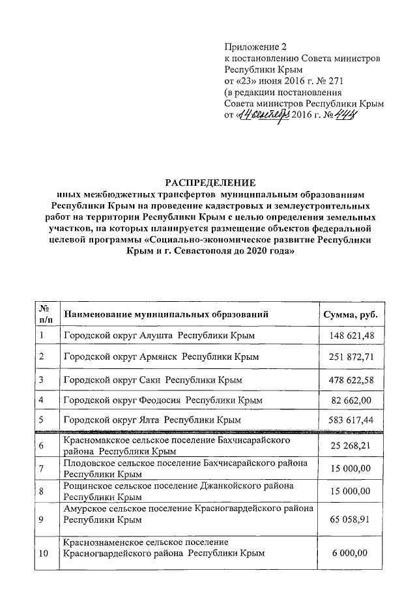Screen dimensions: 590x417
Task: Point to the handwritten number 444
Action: point(347,115)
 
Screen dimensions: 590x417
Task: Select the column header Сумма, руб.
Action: point(351,315)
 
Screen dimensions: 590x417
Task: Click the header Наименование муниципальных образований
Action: point(166,315)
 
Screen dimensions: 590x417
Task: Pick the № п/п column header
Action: point(46,315)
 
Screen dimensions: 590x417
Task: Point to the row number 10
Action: point(44,553)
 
